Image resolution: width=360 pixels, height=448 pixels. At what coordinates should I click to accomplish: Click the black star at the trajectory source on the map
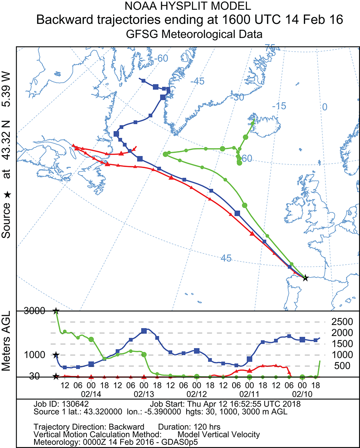click(x=305, y=278)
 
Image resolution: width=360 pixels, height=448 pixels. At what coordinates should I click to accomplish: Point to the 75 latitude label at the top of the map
click(x=270, y=48)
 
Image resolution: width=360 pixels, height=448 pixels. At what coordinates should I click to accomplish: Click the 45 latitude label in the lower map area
click(x=226, y=259)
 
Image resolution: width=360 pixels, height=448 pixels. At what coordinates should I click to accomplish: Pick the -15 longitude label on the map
click(x=281, y=106)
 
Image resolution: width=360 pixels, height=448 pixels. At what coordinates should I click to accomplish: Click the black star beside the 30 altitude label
click(x=56, y=376)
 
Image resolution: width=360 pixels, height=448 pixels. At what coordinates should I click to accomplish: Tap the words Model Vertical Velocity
click(x=219, y=435)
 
